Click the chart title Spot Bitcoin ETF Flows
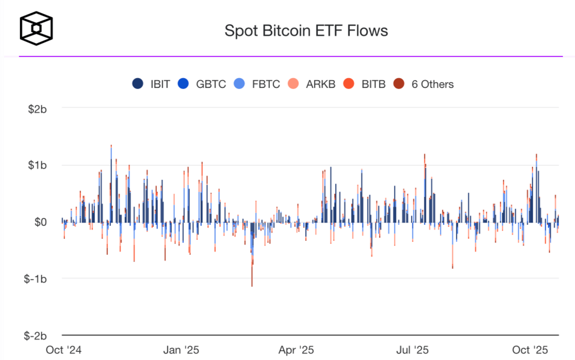pyautogui.click(x=306, y=30)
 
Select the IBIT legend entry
pyautogui.click(x=151, y=84)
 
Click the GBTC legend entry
pyautogui.click(x=202, y=84)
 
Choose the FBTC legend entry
pyautogui.click(x=258, y=84)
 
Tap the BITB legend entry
pyautogui.click(x=364, y=84)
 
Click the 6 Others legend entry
pyautogui.click(x=424, y=84)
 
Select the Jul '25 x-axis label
pyautogui.click(x=413, y=350)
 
